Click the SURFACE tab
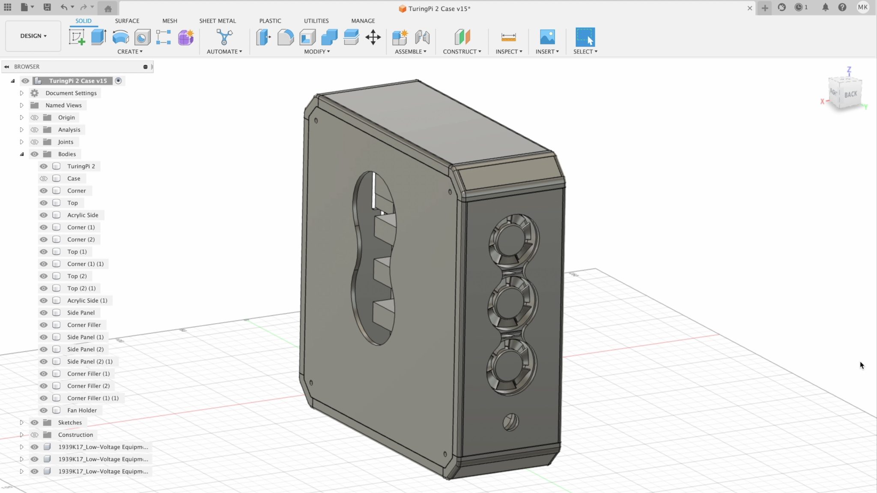pyautogui.click(x=127, y=21)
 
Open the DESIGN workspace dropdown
pyautogui.click(x=33, y=36)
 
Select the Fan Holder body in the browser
pyautogui.click(x=82, y=410)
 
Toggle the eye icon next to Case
pyautogui.click(x=44, y=178)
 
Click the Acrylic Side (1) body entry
pyautogui.click(x=87, y=301)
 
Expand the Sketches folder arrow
pyautogui.click(x=21, y=422)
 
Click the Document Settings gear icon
pyautogui.click(x=35, y=93)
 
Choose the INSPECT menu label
pyautogui.click(x=509, y=51)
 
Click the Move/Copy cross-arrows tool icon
pyautogui.click(x=373, y=37)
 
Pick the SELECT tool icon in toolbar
pyautogui.click(x=585, y=37)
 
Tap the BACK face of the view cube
pyautogui.click(x=850, y=94)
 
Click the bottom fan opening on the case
pyautogui.click(x=510, y=367)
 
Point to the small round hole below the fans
pyautogui.click(x=510, y=422)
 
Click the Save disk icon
pyautogui.click(x=47, y=7)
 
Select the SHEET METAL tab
pyautogui.click(x=217, y=21)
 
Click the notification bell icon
pyautogui.click(x=825, y=7)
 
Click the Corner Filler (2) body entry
pyautogui.click(x=88, y=386)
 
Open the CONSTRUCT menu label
pyautogui.click(x=462, y=51)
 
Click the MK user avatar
pyautogui.click(x=862, y=7)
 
